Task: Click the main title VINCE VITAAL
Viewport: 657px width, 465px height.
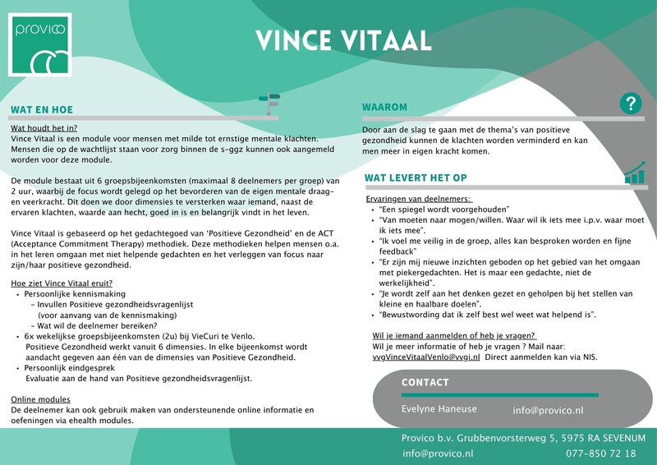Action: [x=342, y=39]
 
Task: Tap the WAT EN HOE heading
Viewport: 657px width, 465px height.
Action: [x=42, y=109]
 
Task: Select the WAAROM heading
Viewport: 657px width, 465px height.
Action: [x=384, y=107]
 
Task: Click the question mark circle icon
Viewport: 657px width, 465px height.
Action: [x=630, y=104]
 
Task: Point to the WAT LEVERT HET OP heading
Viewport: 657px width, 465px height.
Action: [x=416, y=177]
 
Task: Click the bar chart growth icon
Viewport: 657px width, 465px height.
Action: [x=634, y=173]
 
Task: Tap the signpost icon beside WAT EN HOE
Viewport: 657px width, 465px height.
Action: [x=269, y=103]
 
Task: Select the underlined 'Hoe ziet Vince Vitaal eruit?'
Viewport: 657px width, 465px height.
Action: [x=62, y=283]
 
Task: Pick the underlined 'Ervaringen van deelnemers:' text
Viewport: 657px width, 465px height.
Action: [x=418, y=200]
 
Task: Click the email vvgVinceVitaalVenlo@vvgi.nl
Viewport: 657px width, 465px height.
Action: [x=426, y=357]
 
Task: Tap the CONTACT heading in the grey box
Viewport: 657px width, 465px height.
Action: [x=425, y=383]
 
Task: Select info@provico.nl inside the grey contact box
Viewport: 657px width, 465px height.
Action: [x=548, y=410]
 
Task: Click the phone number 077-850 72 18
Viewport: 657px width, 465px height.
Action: [x=601, y=453]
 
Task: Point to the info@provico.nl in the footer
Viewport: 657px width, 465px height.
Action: [x=438, y=453]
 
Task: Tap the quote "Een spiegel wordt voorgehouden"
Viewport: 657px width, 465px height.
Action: [x=445, y=209]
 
